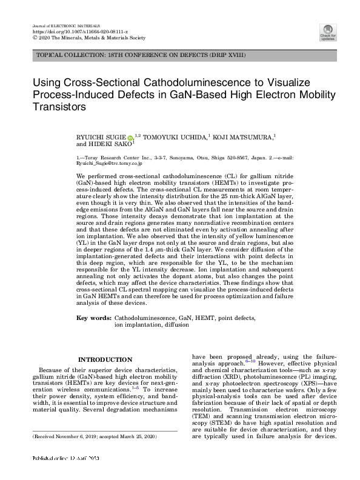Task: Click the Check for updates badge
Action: tap(328, 32)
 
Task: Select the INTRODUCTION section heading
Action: tap(105, 359)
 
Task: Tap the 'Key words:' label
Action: tap(94, 318)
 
